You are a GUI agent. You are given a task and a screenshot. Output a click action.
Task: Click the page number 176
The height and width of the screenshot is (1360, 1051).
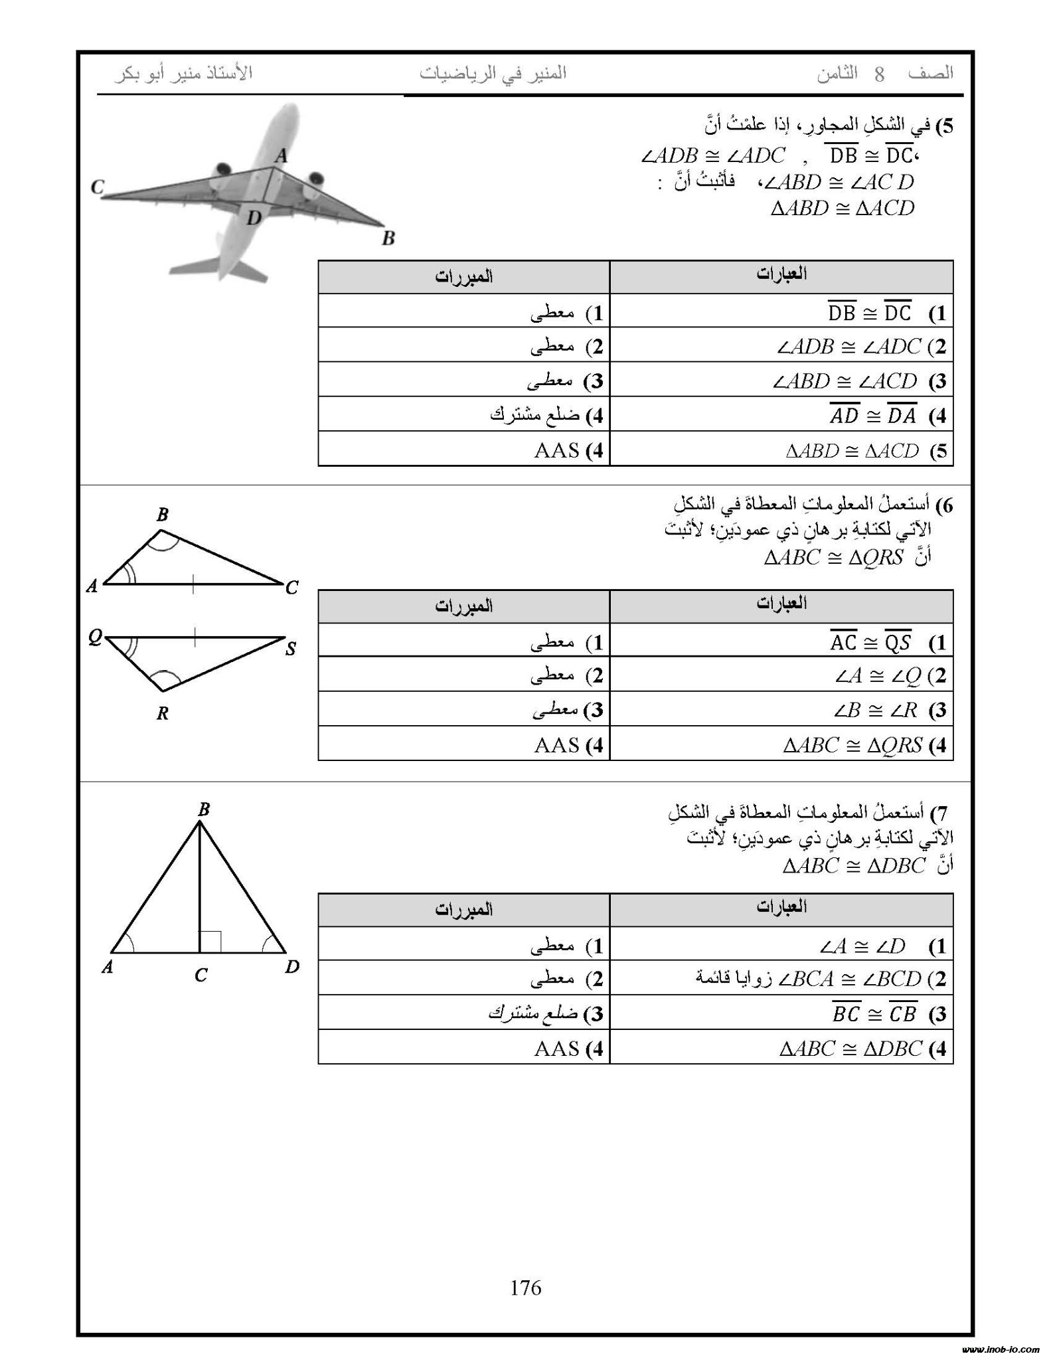(525, 1288)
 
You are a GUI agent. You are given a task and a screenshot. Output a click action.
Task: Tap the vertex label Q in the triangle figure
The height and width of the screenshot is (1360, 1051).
(95, 638)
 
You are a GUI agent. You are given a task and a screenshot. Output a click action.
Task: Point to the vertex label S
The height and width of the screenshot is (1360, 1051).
(291, 649)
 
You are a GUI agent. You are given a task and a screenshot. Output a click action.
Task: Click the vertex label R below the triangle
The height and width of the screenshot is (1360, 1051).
(163, 714)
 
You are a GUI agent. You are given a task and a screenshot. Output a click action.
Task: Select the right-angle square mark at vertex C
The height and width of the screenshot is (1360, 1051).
(210, 941)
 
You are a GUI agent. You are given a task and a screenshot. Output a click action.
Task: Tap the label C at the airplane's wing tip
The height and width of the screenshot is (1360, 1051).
(98, 188)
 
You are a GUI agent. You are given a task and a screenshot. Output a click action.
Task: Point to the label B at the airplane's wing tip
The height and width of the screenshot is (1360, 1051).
(388, 238)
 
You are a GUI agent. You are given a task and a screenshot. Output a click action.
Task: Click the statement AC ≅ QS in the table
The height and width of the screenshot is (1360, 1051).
(870, 642)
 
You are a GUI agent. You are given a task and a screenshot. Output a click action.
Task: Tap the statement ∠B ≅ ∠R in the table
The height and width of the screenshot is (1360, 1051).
(874, 711)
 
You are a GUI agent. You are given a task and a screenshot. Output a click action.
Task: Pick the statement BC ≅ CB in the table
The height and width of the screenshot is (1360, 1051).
(874, 1014)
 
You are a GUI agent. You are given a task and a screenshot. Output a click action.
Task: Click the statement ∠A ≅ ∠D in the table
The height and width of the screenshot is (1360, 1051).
(870, 946)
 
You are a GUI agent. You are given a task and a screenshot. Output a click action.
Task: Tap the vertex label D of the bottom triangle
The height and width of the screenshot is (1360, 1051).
(292, 968)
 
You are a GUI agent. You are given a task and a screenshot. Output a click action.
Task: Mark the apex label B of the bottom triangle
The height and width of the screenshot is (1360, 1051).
(203, 809)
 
